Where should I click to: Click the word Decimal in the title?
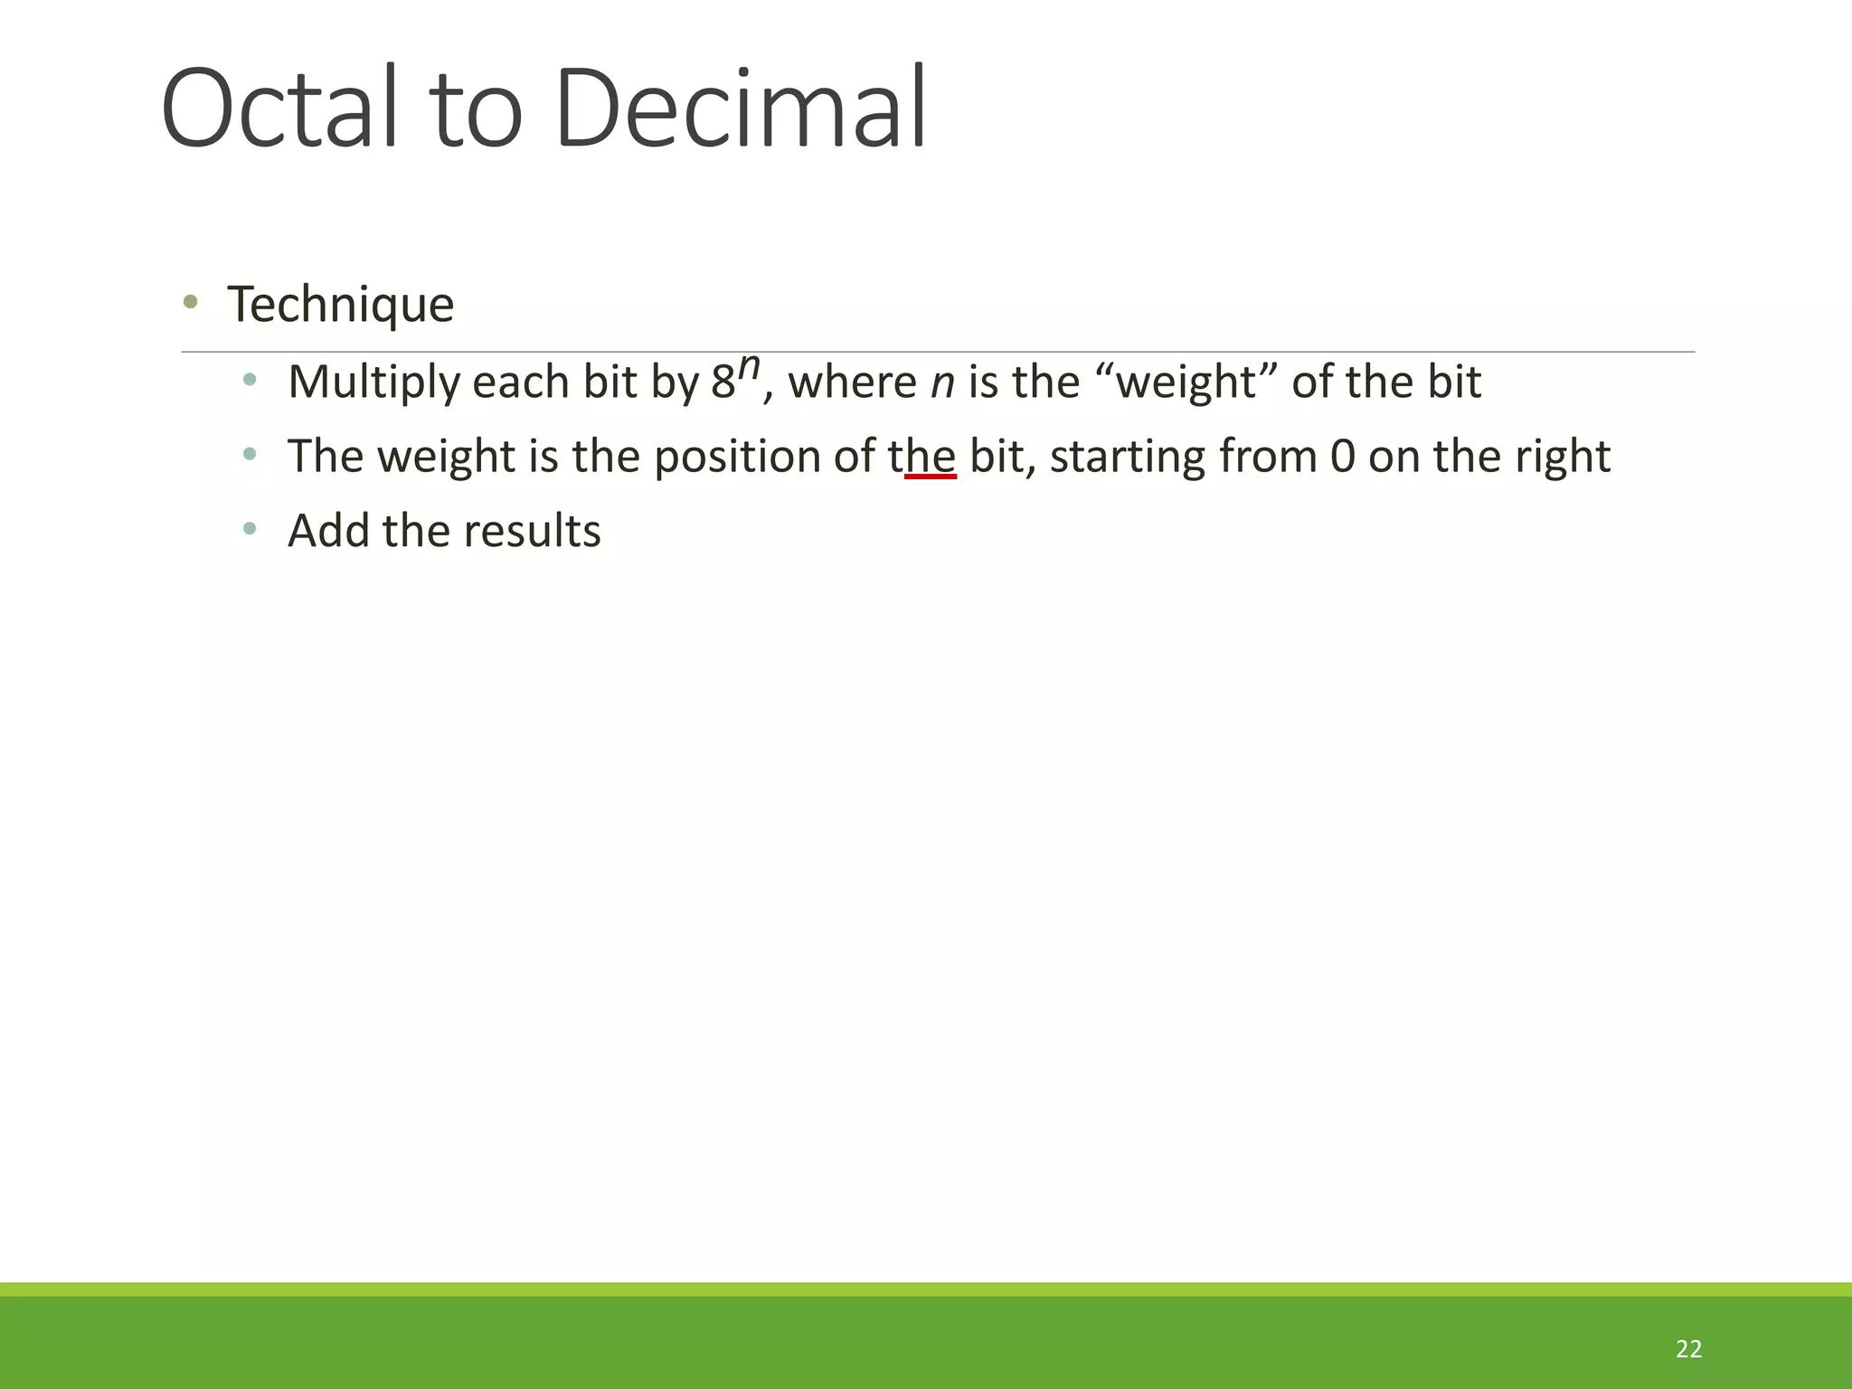742,109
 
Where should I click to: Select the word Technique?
340,305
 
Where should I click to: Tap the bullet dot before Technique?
190,302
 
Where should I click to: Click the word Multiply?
374,383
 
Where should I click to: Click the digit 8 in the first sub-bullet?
723,383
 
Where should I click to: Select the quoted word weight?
1186,383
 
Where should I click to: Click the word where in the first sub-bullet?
853,383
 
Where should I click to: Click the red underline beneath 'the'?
931,476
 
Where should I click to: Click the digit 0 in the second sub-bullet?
1343,457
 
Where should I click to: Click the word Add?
328,531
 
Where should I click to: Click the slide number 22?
1688,1349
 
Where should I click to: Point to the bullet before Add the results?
250,528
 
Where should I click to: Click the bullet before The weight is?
250,454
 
